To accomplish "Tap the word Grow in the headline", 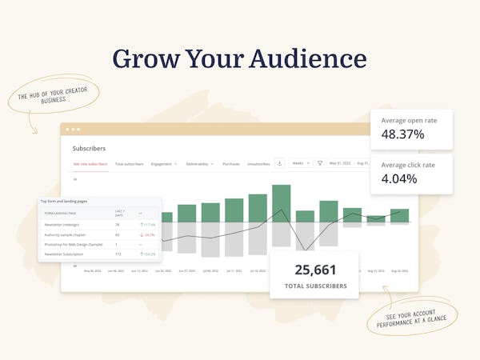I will pos(145,59).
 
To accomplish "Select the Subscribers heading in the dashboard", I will pos(89,148).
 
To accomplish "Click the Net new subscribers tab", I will pos(90,164).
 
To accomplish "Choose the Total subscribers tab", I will pos(129,164).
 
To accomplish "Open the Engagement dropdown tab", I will pos(163,164).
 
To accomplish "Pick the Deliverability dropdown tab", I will pos(199,164).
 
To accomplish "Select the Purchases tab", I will pos(231,164).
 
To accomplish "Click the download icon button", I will pos(280,163).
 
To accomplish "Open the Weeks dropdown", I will pos(301,163).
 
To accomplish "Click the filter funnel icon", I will pos(320,163).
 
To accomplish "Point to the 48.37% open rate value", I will pos(402,134).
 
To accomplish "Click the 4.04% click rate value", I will pos(399,178).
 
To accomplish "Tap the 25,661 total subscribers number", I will pos(315,270).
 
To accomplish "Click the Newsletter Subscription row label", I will pos(68,254).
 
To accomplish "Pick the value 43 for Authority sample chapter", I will pos(118,234).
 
